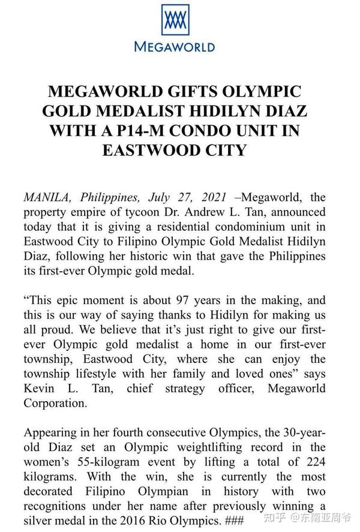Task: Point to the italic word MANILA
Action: point(44,199)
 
